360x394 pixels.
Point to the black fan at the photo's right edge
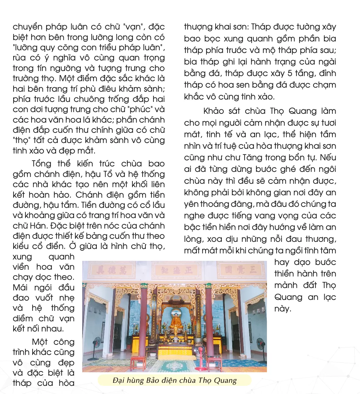coord(260,345)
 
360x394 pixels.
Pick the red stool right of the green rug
coord(214,363)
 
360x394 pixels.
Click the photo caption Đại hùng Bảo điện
coord(175,380)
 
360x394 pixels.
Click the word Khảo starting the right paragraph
coord(214,111)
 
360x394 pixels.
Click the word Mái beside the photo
coord(21,287)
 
